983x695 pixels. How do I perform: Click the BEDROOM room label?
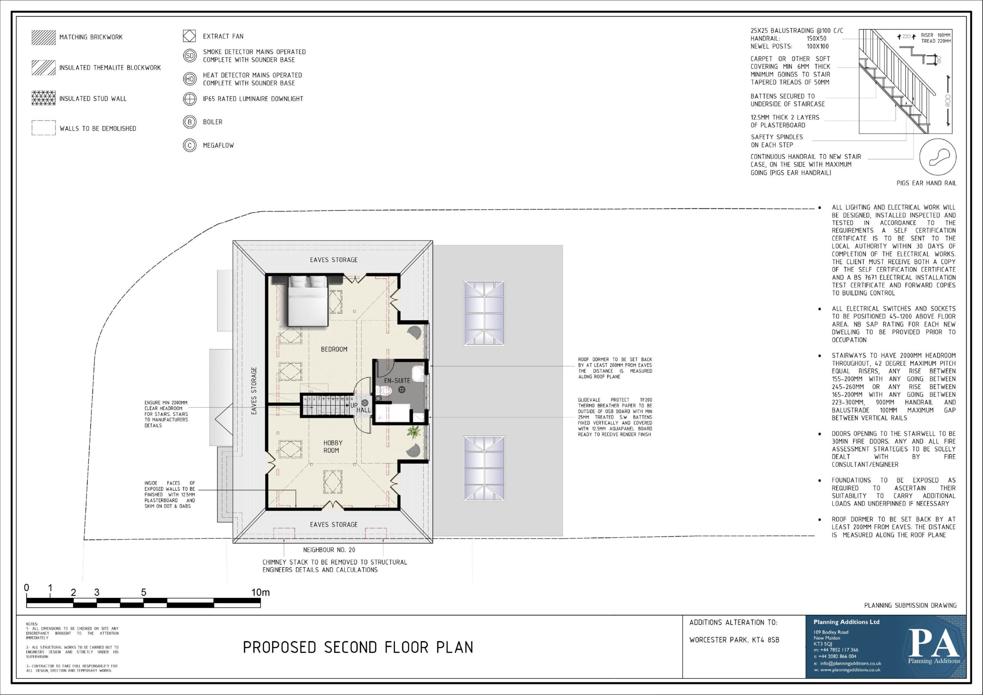coord(334,349)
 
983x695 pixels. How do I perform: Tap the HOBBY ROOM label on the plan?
coord(333,447)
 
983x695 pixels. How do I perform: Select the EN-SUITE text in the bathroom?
coord(397,380)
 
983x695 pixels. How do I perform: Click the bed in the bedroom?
coord(308,301)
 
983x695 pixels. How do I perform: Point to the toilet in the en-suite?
coord(384,391)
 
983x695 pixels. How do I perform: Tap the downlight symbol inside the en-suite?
coord(402,389)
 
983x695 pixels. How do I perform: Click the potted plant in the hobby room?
coord(414,432)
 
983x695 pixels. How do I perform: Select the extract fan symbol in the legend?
coord(189,36)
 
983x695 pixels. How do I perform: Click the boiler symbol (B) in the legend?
coord(189,122)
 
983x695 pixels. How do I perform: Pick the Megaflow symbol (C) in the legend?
coord(189,146)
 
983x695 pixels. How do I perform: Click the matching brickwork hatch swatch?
coord(44,37)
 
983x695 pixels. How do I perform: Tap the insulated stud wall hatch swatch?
coord(44,98)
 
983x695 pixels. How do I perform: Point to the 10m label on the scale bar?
coord(260,592)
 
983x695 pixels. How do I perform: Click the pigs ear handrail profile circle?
coord(938,157)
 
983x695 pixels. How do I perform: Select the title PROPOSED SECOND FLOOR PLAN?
coord(358,647)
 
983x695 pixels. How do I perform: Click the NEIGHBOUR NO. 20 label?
coord(329,550)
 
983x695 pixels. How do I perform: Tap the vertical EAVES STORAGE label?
coord(254,391)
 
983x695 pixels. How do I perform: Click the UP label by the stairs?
coord(354,405)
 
